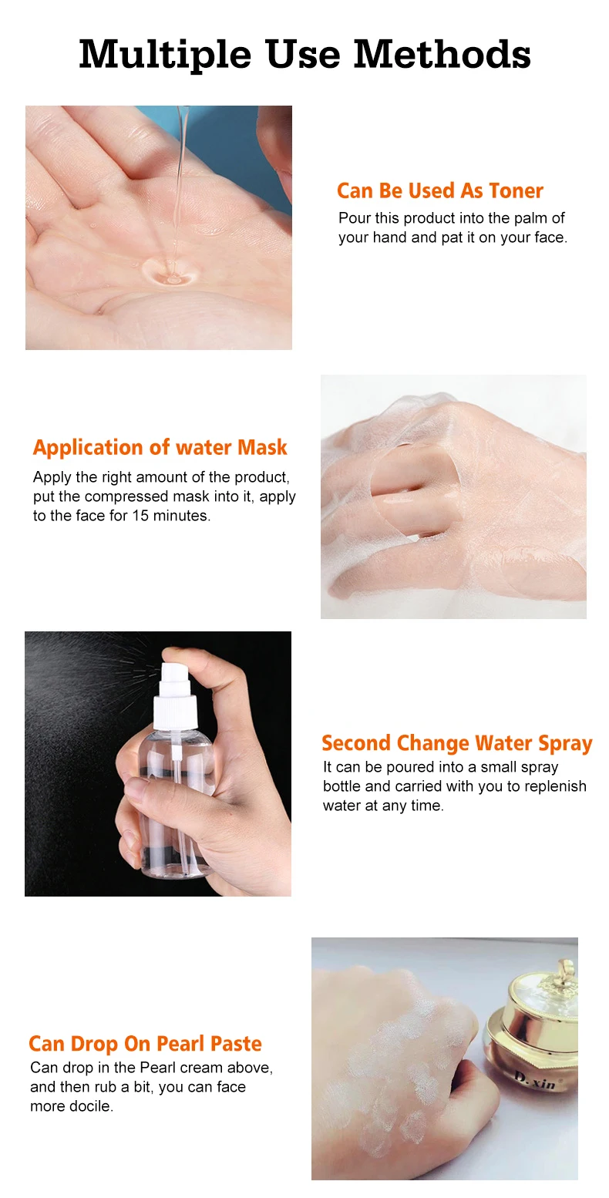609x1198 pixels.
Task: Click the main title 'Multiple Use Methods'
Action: tap(304, 55)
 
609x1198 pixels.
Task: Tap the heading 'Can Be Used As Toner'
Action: tap(439, 191)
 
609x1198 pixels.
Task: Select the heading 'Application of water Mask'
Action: tap(160, 448)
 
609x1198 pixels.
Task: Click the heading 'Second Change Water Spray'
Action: tap(456, 744)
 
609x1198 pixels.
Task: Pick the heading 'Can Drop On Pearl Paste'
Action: tap(145, 1044)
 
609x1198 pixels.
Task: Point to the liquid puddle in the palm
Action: tap(170, 270)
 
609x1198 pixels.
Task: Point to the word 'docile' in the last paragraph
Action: tap(90, 1106)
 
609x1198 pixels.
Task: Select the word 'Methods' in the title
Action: tap(442, 55)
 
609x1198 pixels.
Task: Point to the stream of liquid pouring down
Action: tap(180, 177)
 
